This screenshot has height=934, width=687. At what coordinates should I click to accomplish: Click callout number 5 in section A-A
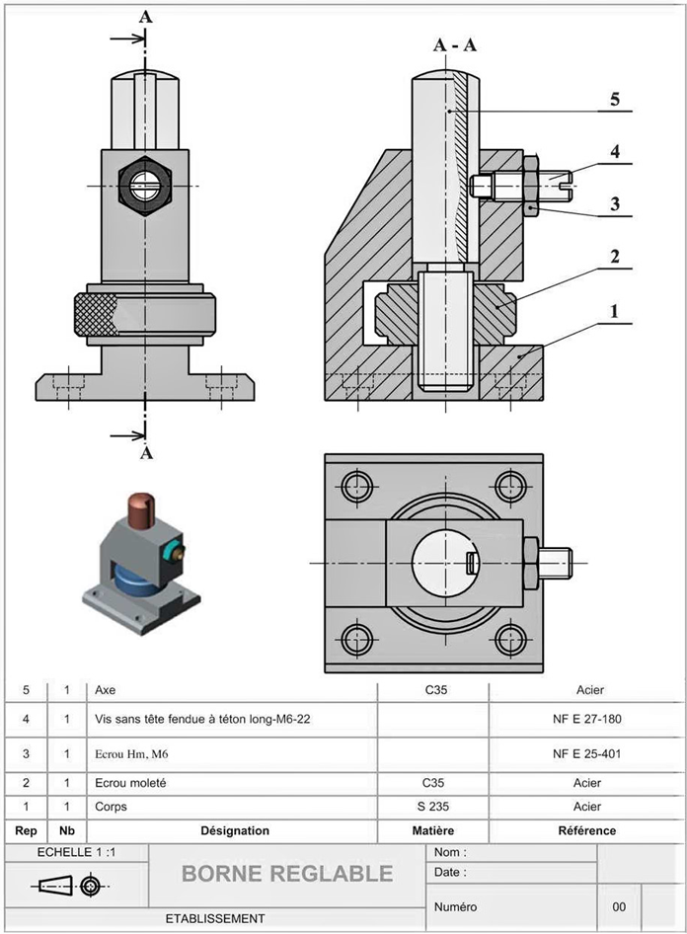[x=614, y=99]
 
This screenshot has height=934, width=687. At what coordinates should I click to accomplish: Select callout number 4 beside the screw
[x=614, y=152]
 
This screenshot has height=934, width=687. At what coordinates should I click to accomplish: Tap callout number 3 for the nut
[x=614, y=204]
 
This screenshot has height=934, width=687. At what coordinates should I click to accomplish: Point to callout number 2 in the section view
[x=614, y=258]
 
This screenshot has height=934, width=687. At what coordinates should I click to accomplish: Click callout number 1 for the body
[x=614, y=311]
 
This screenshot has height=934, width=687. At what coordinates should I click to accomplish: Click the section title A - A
[x=455, y=44]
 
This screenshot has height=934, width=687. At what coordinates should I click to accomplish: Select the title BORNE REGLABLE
[x=287, y=874]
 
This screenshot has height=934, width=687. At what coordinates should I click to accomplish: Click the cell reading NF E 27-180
[x=587, y=720]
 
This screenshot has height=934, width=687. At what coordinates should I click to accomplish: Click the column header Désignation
[x=234, y=831]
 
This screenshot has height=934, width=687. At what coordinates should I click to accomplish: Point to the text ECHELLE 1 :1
[x=77, y=852]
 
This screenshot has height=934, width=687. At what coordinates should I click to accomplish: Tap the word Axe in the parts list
[x=104, y=691]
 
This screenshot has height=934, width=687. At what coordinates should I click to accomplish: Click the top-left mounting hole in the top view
[x=355, y=485]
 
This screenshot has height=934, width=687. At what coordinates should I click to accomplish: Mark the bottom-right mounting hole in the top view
[x=510, y=639]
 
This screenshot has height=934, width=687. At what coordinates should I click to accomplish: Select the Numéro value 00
[x=619, y=906]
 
